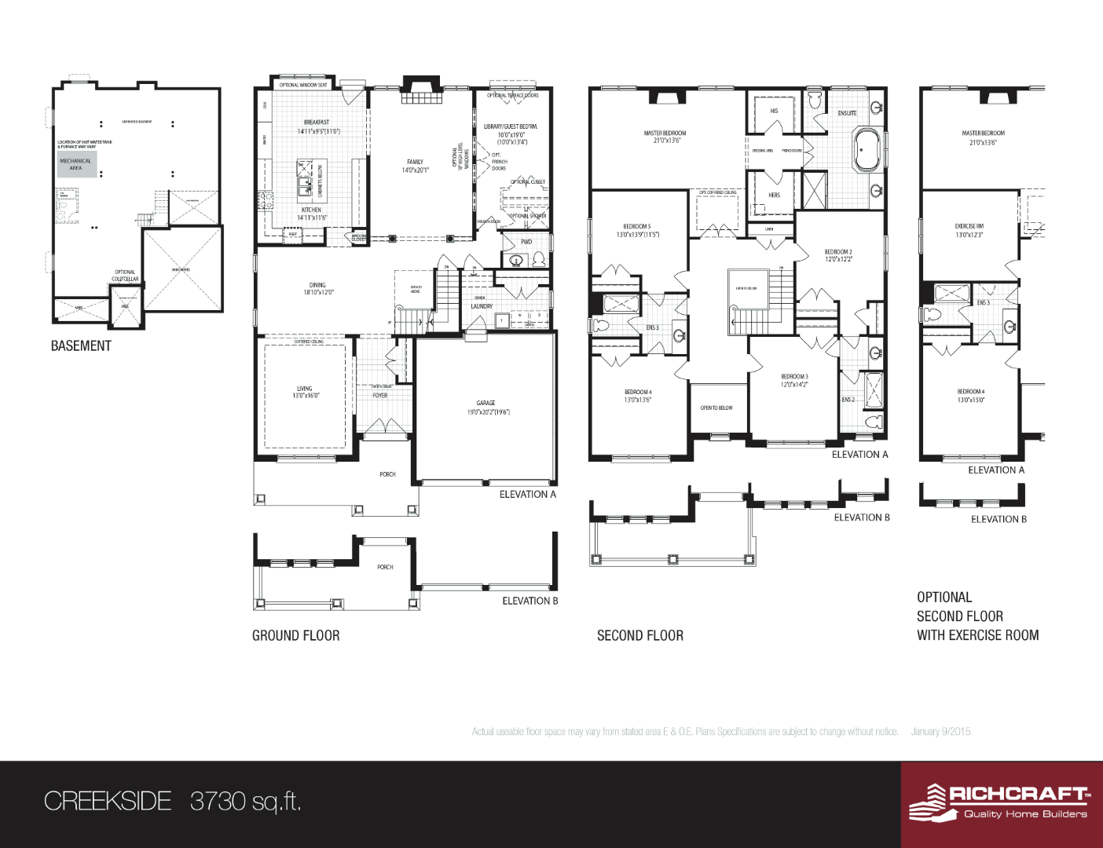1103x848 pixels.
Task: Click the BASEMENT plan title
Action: pyautogui.click(x=81, y=346)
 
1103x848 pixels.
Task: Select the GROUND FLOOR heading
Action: pyautogui.click(x=295, y=636)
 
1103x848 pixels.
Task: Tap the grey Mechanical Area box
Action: pyautogui.click(x=76, y=164)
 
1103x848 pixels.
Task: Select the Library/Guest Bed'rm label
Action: pyautogui.click(x=511, y=126)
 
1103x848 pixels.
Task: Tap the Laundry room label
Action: pyautogui.click(x=482, y=306)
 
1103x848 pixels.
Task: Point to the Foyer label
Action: pyautogui.click(x=380, y=396)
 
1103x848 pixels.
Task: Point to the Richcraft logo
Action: pyautogui.click(x=999, y=802)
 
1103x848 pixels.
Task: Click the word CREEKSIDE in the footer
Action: pyautogui.click(x=108, y=801)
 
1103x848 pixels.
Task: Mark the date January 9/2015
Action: pyautogui.click(x=940, y=732)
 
